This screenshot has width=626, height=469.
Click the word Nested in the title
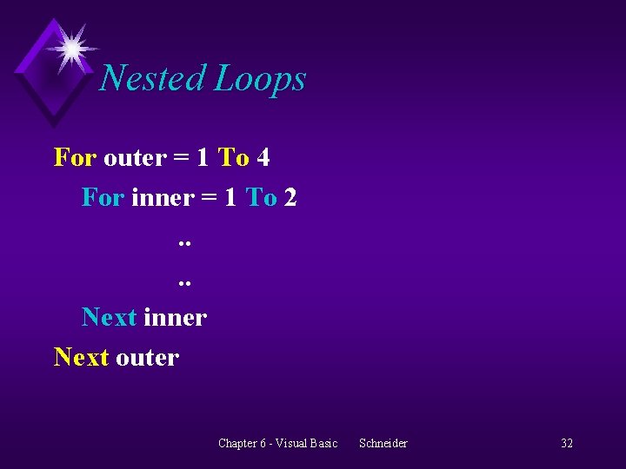[x=153, y=78]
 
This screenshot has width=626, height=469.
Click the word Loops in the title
[x=260, y=80]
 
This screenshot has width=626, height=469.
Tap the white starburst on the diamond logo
[x=71, y=47]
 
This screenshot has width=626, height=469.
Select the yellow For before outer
[x=75, y=157]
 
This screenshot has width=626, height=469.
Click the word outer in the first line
[x=134, y=158]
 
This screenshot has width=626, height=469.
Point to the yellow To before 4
[x=233, y=157]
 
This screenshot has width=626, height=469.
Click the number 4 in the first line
[x=263, y=157]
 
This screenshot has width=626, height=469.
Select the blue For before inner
[x=103, y=197]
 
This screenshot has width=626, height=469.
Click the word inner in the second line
[x=162, y=197]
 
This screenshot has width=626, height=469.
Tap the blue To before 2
[x=261, y=197]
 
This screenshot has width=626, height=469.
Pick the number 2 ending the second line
[x=290, y=197]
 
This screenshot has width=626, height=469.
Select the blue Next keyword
[x=109, y=317]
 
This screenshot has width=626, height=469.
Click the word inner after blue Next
[x=175, y=317]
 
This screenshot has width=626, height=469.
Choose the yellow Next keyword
[x=81, y=357]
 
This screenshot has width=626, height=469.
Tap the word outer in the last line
[x=147, y=358]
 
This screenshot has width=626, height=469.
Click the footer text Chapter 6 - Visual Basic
[x=277, y=443]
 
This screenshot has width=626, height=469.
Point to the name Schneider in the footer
[x=383, y=443]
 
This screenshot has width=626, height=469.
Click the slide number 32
[x=566, y=443]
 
